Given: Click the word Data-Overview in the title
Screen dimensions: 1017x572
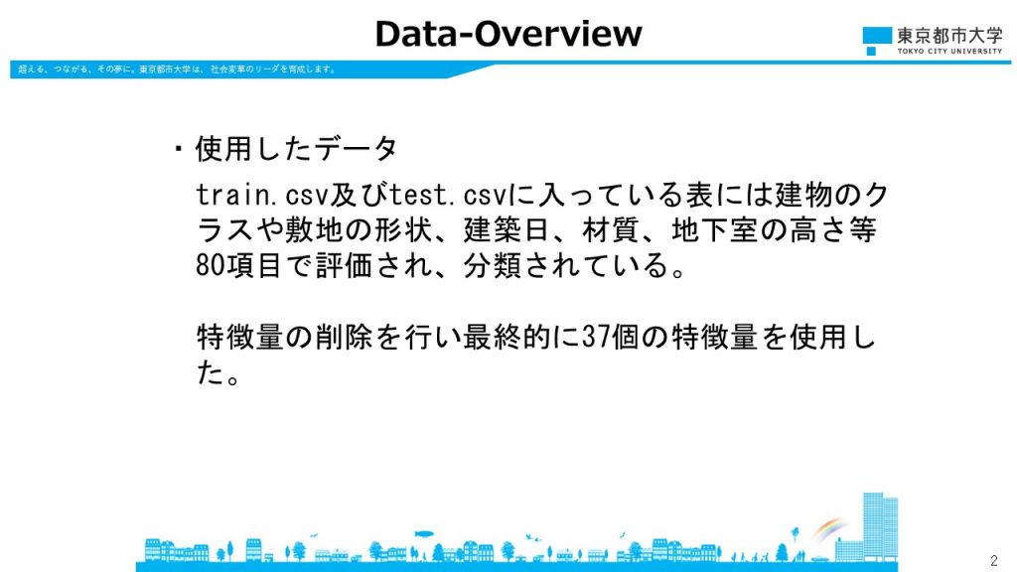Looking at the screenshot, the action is pyautogui.click(x=508, y=34).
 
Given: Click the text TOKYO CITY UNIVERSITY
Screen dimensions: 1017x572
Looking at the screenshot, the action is pyautogui.click(x=949, y=52).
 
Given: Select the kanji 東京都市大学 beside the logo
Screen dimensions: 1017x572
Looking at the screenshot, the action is pyautogui.click(x=949, y=36).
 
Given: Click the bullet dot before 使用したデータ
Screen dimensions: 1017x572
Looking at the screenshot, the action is pyautogui.click(x=179, y=150).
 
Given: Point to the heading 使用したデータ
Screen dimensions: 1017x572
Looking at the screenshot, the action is pyautogui.click(x=296, y=149).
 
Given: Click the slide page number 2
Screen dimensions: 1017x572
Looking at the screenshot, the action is pyautogui.click(x=993, y=560).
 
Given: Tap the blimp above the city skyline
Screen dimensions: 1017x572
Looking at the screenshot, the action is pyautogui.click(x=424, y=534).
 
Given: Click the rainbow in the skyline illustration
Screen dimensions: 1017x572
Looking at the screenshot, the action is pyautogui.click(x=829, y=528).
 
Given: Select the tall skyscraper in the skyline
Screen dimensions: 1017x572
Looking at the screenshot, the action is pyautogui.click(x=880, y=526).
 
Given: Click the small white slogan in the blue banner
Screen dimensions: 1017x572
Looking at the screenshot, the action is pyautogui.click(x=177, y=69).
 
